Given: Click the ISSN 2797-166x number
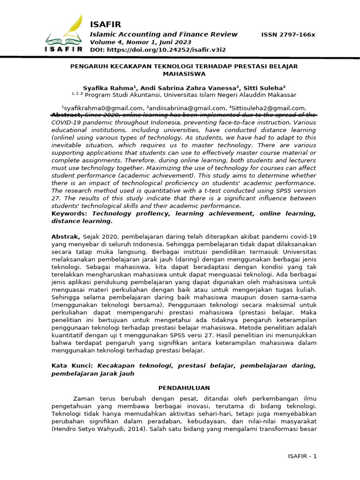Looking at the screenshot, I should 288,35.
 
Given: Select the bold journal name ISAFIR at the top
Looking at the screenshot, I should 105,24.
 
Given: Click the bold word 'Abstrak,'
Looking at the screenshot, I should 66,237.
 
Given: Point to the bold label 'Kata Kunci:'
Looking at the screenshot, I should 72,365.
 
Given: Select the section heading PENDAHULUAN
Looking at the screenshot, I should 184,388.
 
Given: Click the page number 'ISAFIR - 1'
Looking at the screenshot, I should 302,456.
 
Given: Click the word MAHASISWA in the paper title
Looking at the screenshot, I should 184,74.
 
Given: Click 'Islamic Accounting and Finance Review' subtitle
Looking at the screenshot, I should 163,34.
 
